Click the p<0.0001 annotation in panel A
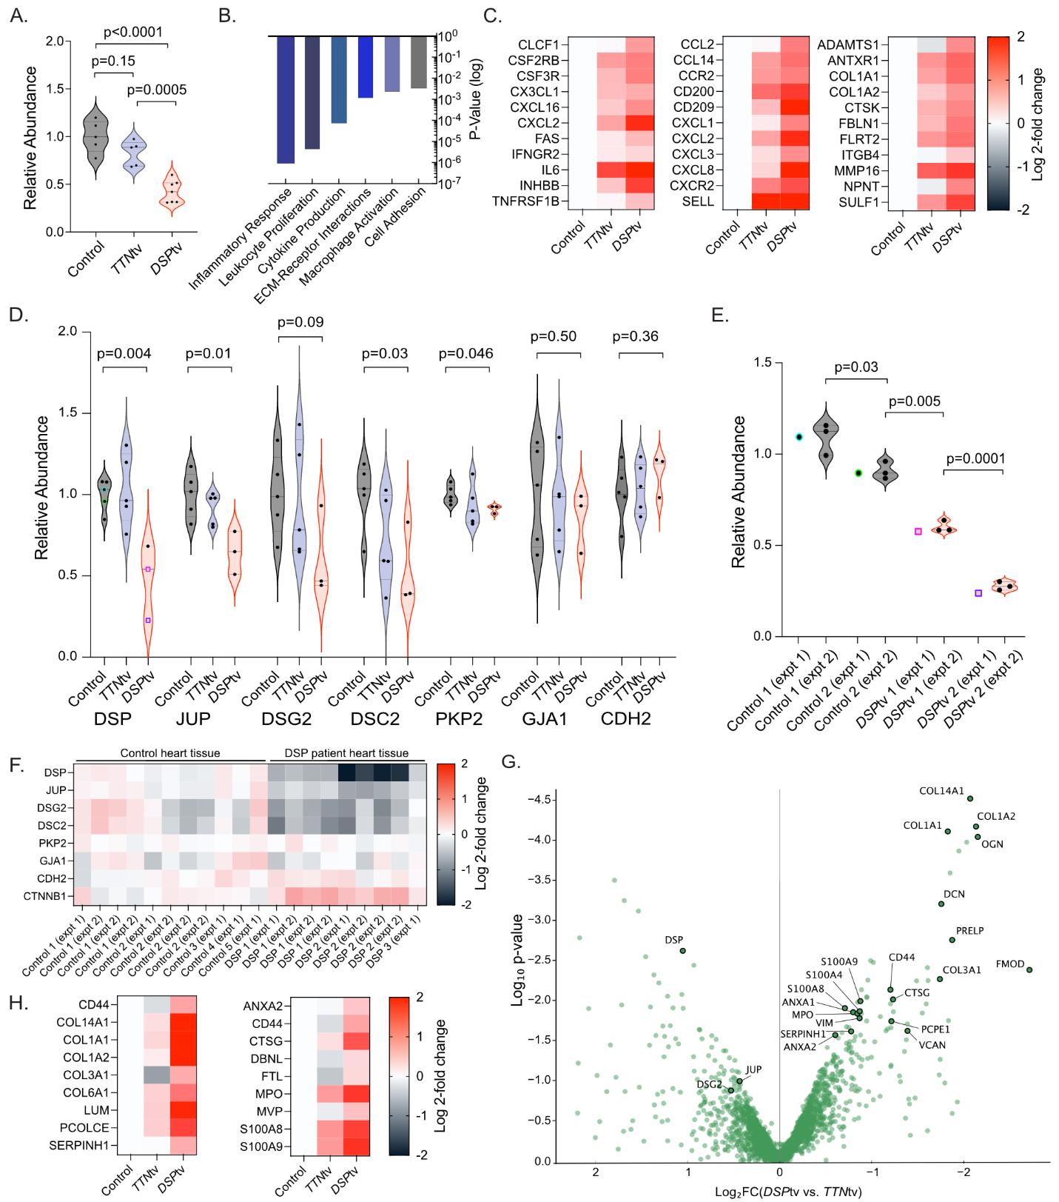tap(132, 32)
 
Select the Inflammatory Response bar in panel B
tap(286, 99)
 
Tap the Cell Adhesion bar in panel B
tap(419, 62)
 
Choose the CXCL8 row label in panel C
tap(693, 170)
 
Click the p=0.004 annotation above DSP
tap(124, 353)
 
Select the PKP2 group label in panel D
tap(458, 718)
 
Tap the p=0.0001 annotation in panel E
tap(975, 458)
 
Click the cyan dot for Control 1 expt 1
tap(799, 437)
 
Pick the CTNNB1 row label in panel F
tap(46, 896)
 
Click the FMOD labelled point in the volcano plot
tap(1029, 969)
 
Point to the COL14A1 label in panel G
tap(941, 791)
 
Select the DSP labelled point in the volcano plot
tap(683, 950)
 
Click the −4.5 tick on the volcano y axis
tap(539, 800)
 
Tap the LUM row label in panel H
tap(96, 1110)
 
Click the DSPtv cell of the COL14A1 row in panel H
tap(183, 1022)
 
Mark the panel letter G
tap(511, 761)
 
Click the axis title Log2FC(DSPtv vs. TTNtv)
tap(788, 1192)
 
